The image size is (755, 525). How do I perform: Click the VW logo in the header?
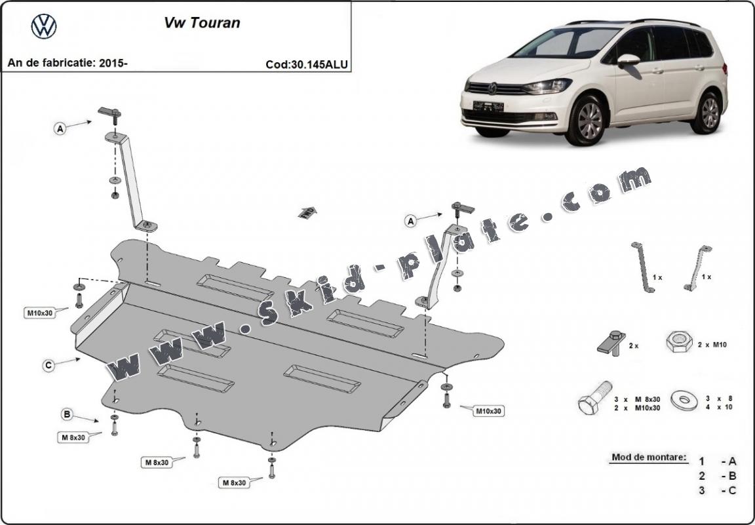[44, 26]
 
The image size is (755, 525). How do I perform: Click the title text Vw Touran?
[201, 23]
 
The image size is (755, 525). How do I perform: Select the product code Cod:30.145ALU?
[307, 64]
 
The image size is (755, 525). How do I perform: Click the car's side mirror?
[627, 60]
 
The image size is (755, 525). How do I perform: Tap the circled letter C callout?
[48, 366]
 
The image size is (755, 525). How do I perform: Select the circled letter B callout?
[67, 414]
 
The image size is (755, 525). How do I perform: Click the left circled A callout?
[60, 129]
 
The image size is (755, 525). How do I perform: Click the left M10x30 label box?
[39, 313]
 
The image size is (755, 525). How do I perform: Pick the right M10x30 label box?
[488, 411]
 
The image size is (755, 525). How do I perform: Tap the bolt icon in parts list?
[594, 397]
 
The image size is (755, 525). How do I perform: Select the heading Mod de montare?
[649, 456]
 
